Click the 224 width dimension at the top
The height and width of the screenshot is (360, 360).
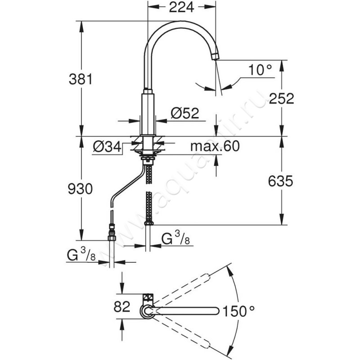pyautogui.click(x=181, y=7)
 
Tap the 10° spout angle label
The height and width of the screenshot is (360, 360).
pyautogui.click(x=260, y=70)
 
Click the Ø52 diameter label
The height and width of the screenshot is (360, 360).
pyautogui.click(x=184, y=114)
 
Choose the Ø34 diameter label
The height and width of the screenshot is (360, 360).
pyautogui.click(x=107, y=147)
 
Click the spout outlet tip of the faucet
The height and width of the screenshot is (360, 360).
pyautogui.click(x=216, y=56)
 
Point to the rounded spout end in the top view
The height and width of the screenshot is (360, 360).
pyautogui.click(x=218, y=310)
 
